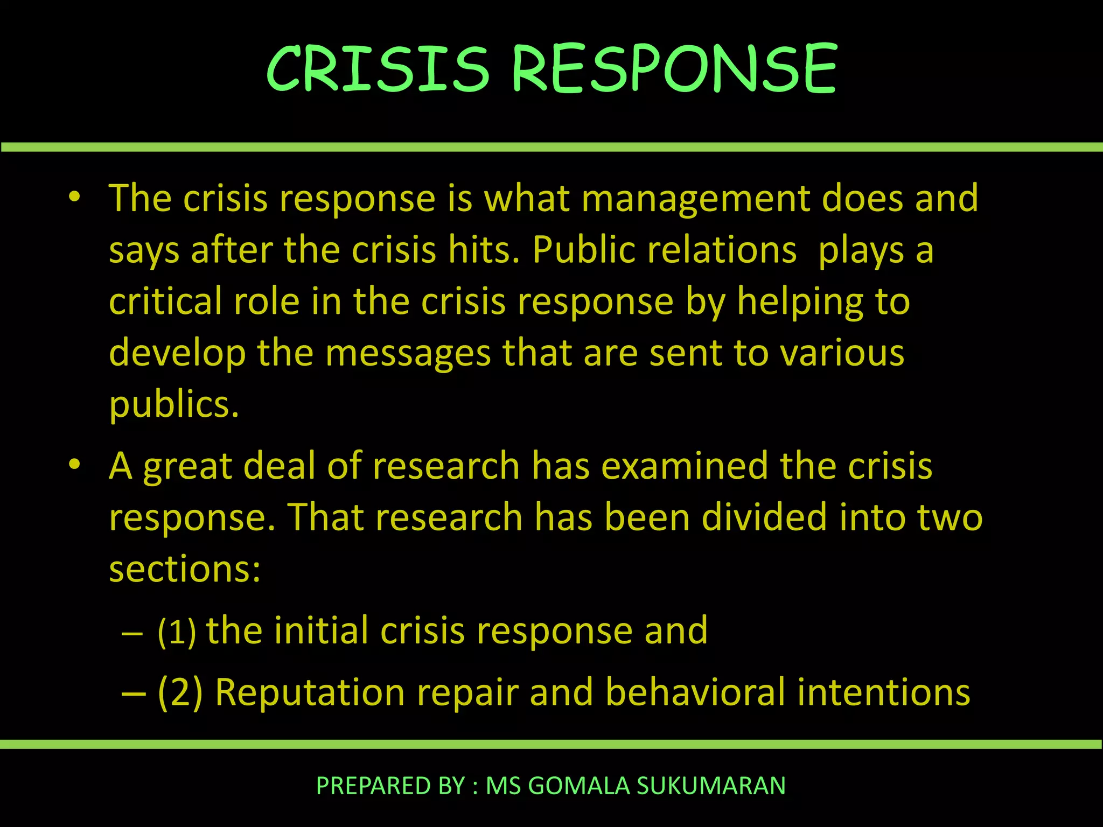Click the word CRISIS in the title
(378, 69)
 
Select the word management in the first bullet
(696, 199)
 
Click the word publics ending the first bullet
(173, 405)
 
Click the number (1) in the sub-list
(176, 632)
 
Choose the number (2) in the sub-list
(180, 692)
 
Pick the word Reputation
(310, 692)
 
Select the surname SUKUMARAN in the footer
(711, 786)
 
